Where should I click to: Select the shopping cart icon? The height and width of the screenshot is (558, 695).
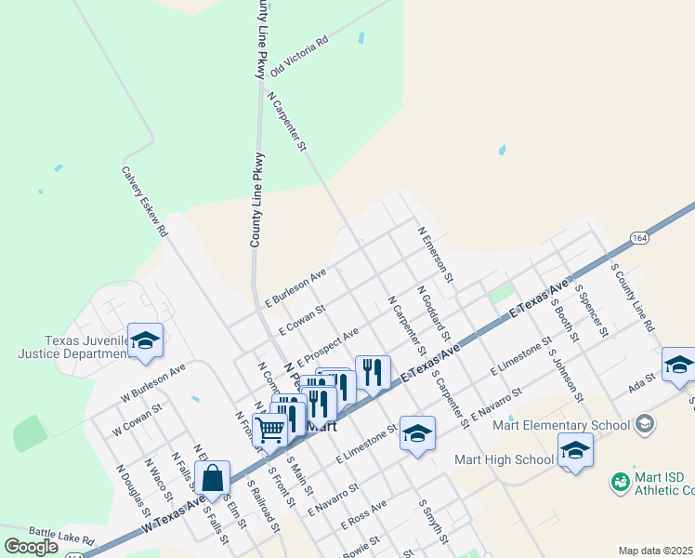point(270,431)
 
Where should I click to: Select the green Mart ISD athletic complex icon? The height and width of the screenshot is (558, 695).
point(620,483)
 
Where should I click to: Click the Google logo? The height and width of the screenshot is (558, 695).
point(32,547)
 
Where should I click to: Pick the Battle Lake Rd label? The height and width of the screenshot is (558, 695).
point(62,538)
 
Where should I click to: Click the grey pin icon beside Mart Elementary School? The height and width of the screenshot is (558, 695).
point(645,425)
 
